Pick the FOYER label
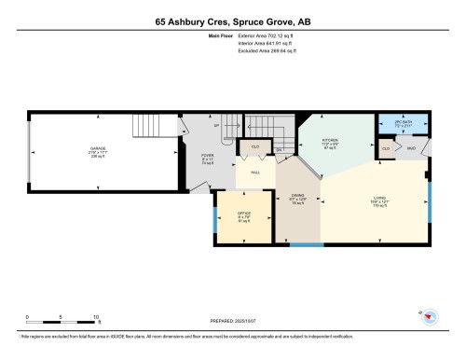(207, 156)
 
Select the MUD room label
(409, 147)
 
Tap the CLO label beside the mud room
(385, 147)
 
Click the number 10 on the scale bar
(96, 317)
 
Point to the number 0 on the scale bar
(27, 317)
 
